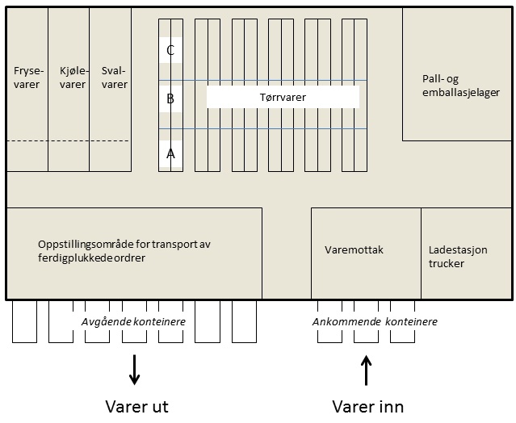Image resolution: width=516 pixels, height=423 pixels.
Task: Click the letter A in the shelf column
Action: pos(170,152)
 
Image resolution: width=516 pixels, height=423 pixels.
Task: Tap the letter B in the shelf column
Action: pos(170,98)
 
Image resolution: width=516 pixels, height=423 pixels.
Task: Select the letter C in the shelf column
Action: pos(170,51)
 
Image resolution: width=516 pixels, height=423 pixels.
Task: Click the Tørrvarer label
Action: pos(283,98)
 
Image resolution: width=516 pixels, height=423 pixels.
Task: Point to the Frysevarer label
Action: pos(27,77)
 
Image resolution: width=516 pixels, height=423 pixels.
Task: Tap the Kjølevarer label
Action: pos(73,77)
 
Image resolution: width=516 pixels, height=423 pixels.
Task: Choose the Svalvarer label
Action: pos(114,77)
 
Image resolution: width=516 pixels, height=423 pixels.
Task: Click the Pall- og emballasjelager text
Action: pos(455,85)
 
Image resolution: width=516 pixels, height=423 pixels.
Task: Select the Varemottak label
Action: pos(354,250)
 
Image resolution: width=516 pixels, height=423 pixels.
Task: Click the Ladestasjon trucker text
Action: pos(458,257)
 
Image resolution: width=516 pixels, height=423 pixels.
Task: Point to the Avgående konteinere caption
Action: pos(133,322)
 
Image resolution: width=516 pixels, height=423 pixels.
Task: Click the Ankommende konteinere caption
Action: pos(375,322)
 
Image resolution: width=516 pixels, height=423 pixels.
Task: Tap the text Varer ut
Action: pos(136,405)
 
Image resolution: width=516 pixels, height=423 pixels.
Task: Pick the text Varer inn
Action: pos(367,405)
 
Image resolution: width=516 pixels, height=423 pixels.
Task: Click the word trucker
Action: pos(447,263)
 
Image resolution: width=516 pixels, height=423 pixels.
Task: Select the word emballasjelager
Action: pos(455,91)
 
